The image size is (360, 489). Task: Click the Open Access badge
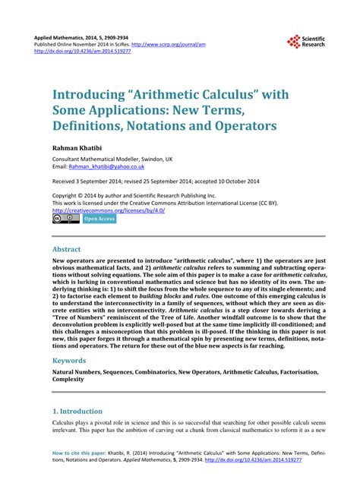pos(99,219)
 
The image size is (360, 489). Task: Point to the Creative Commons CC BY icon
pos(65,219)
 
